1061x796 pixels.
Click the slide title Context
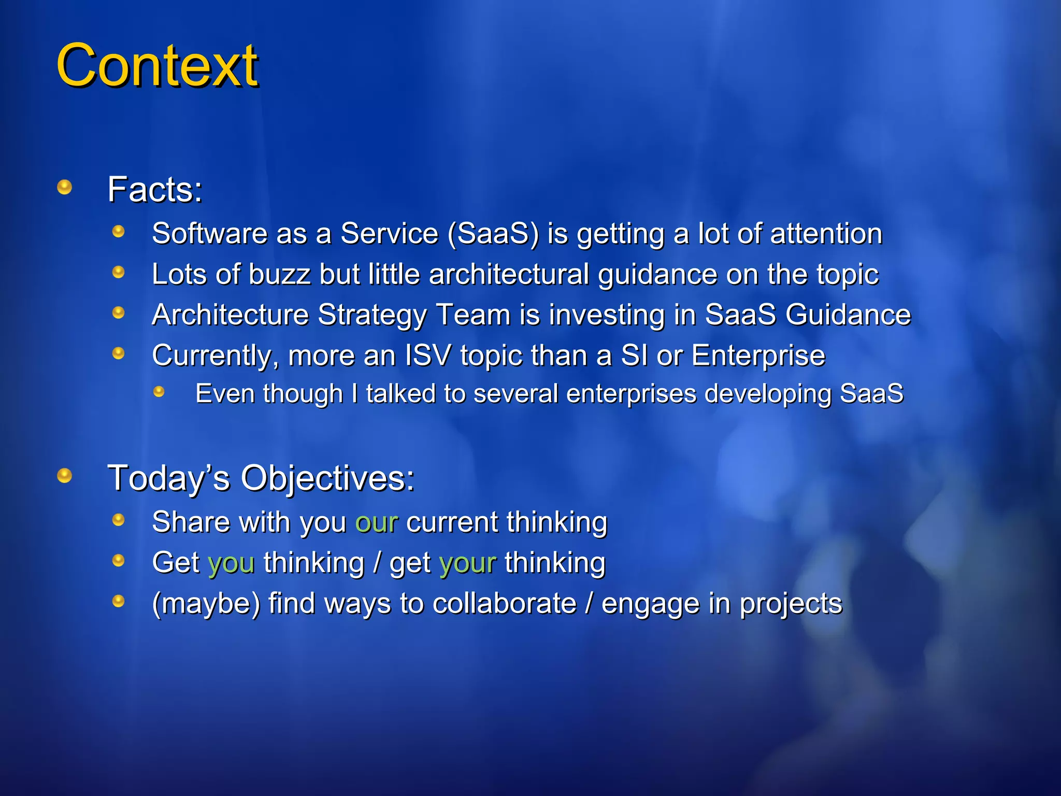[156, 66]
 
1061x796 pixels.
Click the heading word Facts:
[154, 190]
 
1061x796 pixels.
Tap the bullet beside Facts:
[65, 187]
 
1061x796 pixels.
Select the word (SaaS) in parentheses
[493, 234]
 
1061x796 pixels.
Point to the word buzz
[279, 274]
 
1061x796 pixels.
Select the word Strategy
[373, 315]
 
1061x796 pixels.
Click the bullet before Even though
[159, 392]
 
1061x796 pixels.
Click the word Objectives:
[327, 478]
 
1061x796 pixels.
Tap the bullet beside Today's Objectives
[65, 475]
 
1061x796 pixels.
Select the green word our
[377, 522]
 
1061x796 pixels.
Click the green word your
[467, 563]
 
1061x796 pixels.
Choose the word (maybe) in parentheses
[206, 604]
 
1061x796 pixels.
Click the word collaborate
[504, 604]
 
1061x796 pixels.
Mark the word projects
[791, 604]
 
